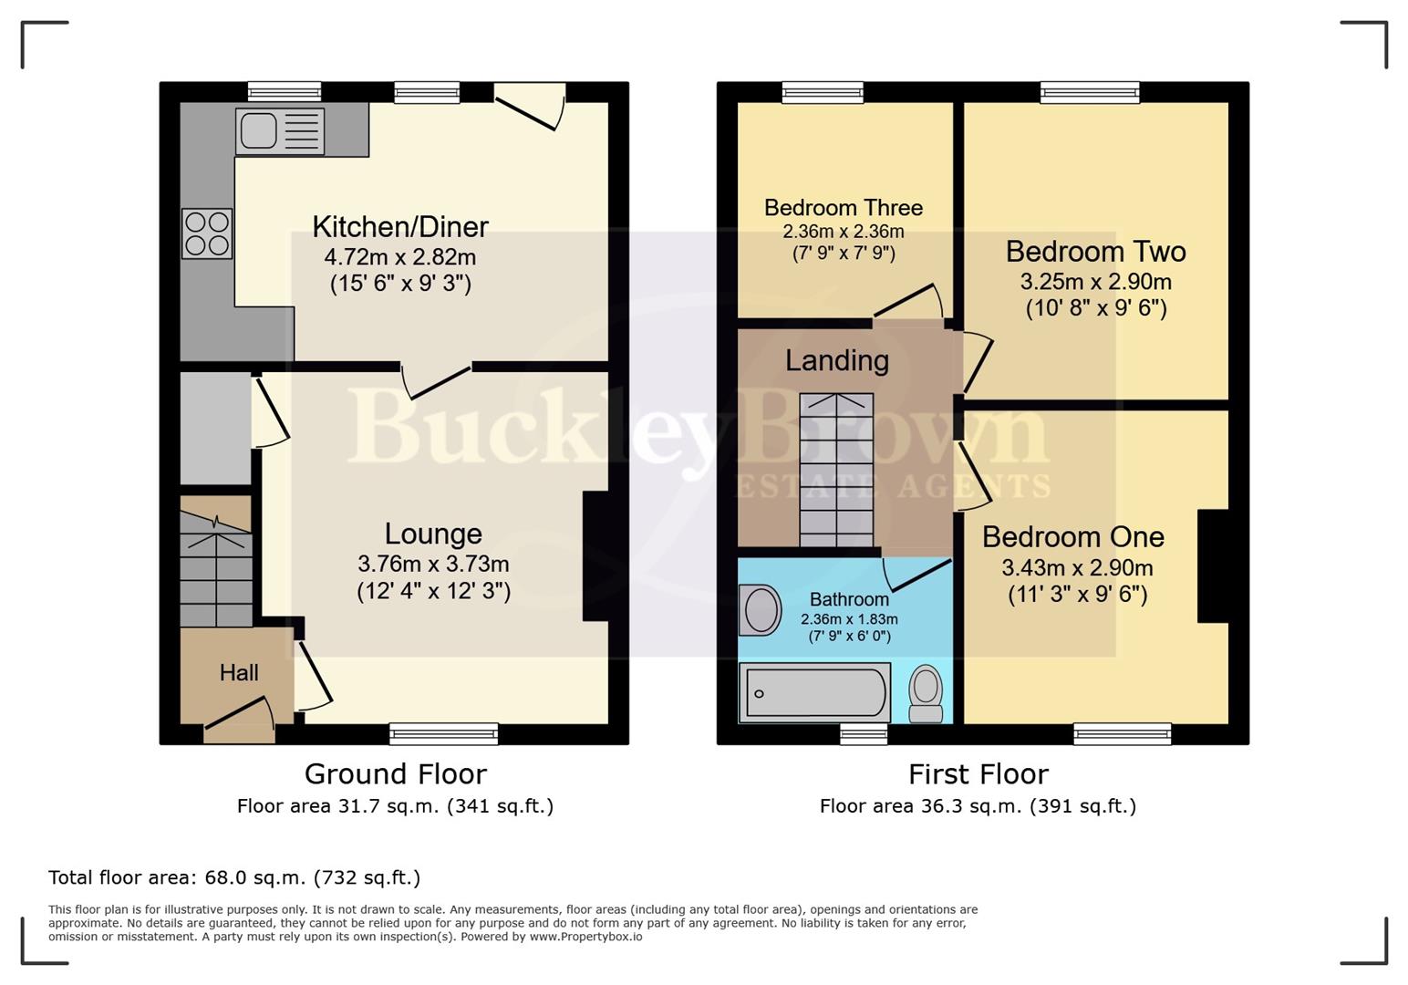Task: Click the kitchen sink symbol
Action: tap(280, 130)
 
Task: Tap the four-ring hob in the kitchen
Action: tap(207, 233)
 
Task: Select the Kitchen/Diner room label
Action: tap(400, 226)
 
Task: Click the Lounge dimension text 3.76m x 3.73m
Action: tap(433, 565)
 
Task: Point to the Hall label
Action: tap(239, 673)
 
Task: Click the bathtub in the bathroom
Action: tap(814, 693)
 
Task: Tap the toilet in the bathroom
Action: tap(927, 692)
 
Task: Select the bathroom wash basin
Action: tap(761, 610)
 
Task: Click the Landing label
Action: tap(836, 361)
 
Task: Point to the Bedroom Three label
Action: tap(844, 208)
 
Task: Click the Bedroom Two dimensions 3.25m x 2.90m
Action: tap(1095, 282)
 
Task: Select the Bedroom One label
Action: tap(1072, 537)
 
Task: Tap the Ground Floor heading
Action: tap(395, 774)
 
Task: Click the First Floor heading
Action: tap(978, 774)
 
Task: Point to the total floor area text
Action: tap(234, 877)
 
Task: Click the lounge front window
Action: tap(443, 732)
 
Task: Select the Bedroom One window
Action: tap(1122, 732)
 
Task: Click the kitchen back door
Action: tap(530, 107)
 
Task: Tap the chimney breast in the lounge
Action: tap(595, 556)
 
